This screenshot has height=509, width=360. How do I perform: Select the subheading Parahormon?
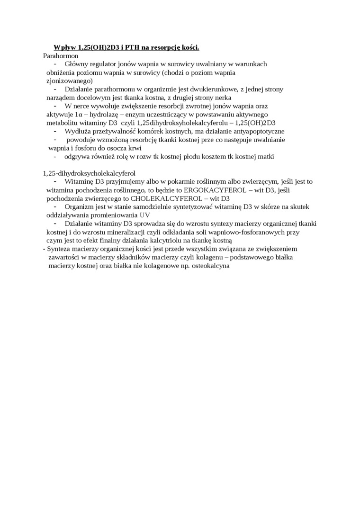tap(61, 55)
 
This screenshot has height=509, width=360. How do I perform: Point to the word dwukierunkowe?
tap(210, 89)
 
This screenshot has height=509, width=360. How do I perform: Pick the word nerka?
tap(222, 97)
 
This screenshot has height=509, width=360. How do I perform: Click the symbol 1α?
tap(79, 114)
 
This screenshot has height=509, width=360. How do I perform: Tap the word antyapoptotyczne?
tap(255, 131)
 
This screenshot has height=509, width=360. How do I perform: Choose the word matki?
tap(265, 156)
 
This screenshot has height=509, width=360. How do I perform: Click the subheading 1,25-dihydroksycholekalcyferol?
tap(89, 173)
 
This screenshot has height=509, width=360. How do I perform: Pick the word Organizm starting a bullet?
tap(79, 206)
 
